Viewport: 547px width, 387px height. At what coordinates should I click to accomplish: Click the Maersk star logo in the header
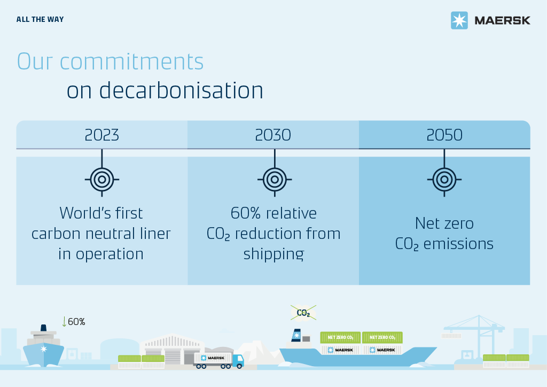pyautogui.click(x=459, y=20)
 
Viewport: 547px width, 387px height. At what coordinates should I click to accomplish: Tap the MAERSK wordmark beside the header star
pyautogui.click(x=502, y=21)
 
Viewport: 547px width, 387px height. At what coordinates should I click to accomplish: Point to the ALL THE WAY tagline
pyautogui.click(x=40, y=20)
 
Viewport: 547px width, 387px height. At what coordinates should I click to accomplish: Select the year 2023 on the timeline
pyautogui.click(x=102, y=135)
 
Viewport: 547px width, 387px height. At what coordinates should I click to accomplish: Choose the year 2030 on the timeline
pyautogui.click(x=273, y=135)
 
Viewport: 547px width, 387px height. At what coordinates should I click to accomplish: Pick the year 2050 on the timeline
pyautogui.click(x=444, y=135)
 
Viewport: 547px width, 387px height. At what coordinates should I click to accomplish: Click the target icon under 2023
pyautogui.click(x=102, y=180)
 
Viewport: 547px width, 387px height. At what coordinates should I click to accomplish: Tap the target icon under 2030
pyautogui.click(x=275, y=180)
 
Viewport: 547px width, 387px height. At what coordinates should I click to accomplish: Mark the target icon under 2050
pyautogui.click(x=444, y=180)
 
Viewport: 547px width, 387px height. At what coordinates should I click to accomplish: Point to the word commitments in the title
pyautogui.click(x=131, y=62)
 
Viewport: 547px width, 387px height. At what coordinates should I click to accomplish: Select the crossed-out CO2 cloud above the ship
pyautogui.click(x=303, y=313)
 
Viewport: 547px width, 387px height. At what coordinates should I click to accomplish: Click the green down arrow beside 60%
pyautogui.click(x=64, y=321)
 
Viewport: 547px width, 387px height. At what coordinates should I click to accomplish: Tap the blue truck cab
pyautogui.click(x=238, y=361)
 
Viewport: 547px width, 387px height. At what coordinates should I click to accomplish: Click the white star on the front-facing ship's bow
pyautogui.click(x=44, y=349)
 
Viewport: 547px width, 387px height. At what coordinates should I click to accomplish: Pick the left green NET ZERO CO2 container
pyautogui.click(x=340, y=337)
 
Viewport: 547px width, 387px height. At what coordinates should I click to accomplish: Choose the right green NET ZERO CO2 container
pyautogui.click(x=382, y=337)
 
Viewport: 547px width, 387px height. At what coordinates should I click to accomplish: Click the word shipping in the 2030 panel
pyautogui.click(x=274, y=254)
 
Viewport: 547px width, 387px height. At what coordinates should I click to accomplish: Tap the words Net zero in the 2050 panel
pyautogui.click(x=444, y=223)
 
